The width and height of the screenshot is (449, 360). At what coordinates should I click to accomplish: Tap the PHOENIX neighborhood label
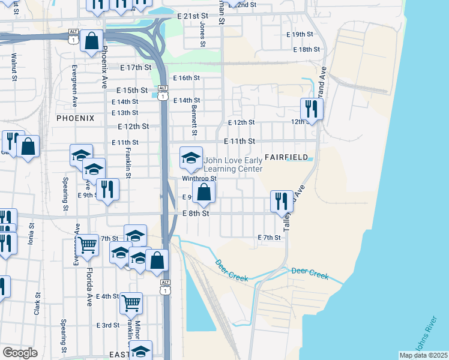76,118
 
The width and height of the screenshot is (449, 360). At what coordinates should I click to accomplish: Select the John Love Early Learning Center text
233,164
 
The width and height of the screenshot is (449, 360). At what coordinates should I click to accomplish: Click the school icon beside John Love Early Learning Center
191,158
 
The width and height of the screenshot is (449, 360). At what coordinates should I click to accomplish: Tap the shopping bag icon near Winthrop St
204,192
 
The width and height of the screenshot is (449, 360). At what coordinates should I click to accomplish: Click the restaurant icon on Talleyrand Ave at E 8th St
282,202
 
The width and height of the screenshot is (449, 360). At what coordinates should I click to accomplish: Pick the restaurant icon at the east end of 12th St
312,109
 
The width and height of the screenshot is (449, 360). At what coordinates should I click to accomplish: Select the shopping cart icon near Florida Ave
88,245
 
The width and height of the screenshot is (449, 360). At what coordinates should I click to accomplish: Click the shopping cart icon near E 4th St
131,303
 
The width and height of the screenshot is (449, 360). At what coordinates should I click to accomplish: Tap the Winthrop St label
199,178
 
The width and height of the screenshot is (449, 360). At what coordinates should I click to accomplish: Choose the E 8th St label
195,213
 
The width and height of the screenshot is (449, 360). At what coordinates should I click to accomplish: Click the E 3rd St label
108,325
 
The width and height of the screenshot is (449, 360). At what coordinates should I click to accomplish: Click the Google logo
20,353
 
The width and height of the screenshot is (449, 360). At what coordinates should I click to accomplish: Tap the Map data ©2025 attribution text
423,355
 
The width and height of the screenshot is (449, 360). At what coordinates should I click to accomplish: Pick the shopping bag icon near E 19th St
91,42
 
